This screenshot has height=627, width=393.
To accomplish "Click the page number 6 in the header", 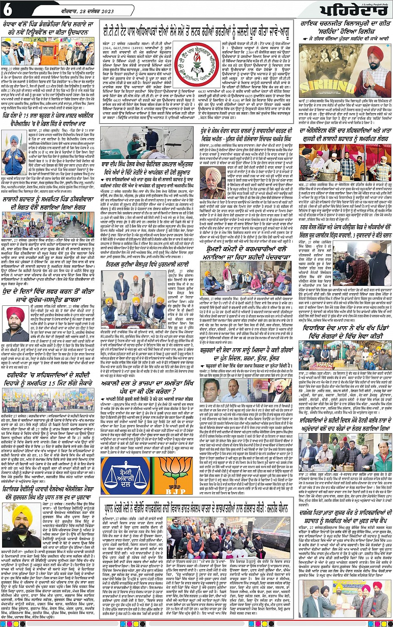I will pyautogui.click(x=8, y=9).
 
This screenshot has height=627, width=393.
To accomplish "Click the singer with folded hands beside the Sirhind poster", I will pyautogui.click(x=368, y=69).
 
